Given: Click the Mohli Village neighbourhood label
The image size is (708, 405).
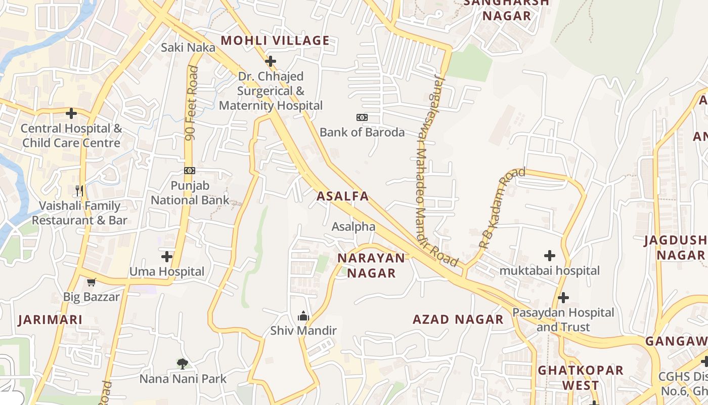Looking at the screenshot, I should tap(275, 40).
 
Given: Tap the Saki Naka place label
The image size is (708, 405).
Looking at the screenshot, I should tap(188, 48).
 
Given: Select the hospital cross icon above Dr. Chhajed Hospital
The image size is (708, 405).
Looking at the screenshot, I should tap(271, 61).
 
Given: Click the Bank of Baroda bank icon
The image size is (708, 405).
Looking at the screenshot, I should tap(362, 117).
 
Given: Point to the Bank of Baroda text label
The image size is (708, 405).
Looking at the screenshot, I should tap(362, 133).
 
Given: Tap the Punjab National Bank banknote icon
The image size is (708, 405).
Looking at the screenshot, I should tap(190, 171).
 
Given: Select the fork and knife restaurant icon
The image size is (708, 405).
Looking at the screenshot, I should tap(79, 191).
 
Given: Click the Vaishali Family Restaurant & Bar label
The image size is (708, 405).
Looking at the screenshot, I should tap(80, 213).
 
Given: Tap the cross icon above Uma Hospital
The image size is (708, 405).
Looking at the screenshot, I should tap(167, 257).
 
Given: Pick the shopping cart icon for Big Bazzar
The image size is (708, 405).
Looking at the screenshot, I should tap(91, 282).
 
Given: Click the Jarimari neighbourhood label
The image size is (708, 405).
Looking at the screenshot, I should tap(50, 320).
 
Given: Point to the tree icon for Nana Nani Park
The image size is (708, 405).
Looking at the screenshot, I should tap(183, 363).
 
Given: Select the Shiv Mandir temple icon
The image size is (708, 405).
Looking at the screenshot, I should tap(303, 316).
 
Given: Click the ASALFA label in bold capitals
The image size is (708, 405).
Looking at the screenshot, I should tap(342, 196).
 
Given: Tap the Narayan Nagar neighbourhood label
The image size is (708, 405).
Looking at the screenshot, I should tap(371, 266).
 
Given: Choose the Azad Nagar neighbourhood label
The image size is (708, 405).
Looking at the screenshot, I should tap(458, 319).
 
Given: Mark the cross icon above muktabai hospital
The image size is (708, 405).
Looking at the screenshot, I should tap(550, 256).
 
